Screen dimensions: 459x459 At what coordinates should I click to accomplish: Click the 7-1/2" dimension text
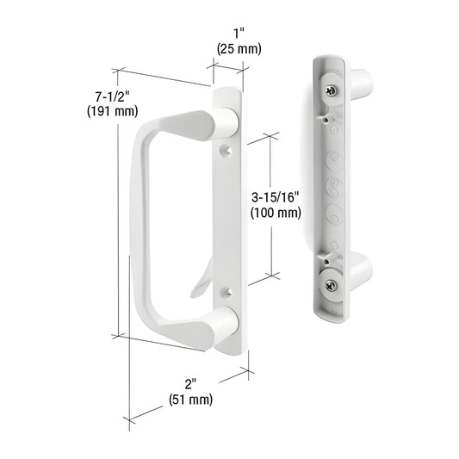[112, 96]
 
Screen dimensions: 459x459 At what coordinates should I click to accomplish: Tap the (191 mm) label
[112, 112]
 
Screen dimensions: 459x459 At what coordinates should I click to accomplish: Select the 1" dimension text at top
[239, 34]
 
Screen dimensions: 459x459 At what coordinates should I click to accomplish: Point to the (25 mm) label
[239, 49]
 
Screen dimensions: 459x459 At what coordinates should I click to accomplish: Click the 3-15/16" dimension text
[276, 197]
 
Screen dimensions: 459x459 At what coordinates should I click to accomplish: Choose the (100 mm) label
[276, 213]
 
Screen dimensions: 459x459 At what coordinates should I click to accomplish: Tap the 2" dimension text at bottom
[190, 384]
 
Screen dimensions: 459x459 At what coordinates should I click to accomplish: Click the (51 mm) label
[190, 400]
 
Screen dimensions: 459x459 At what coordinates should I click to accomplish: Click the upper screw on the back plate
[332, 90]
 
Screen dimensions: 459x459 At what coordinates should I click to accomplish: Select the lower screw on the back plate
[331, 285]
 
